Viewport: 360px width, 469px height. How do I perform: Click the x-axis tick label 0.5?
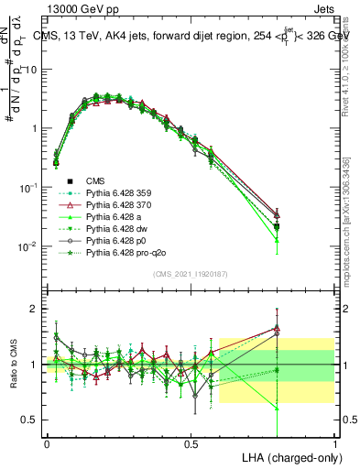191,443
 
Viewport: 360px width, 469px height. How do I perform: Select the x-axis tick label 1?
334,443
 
